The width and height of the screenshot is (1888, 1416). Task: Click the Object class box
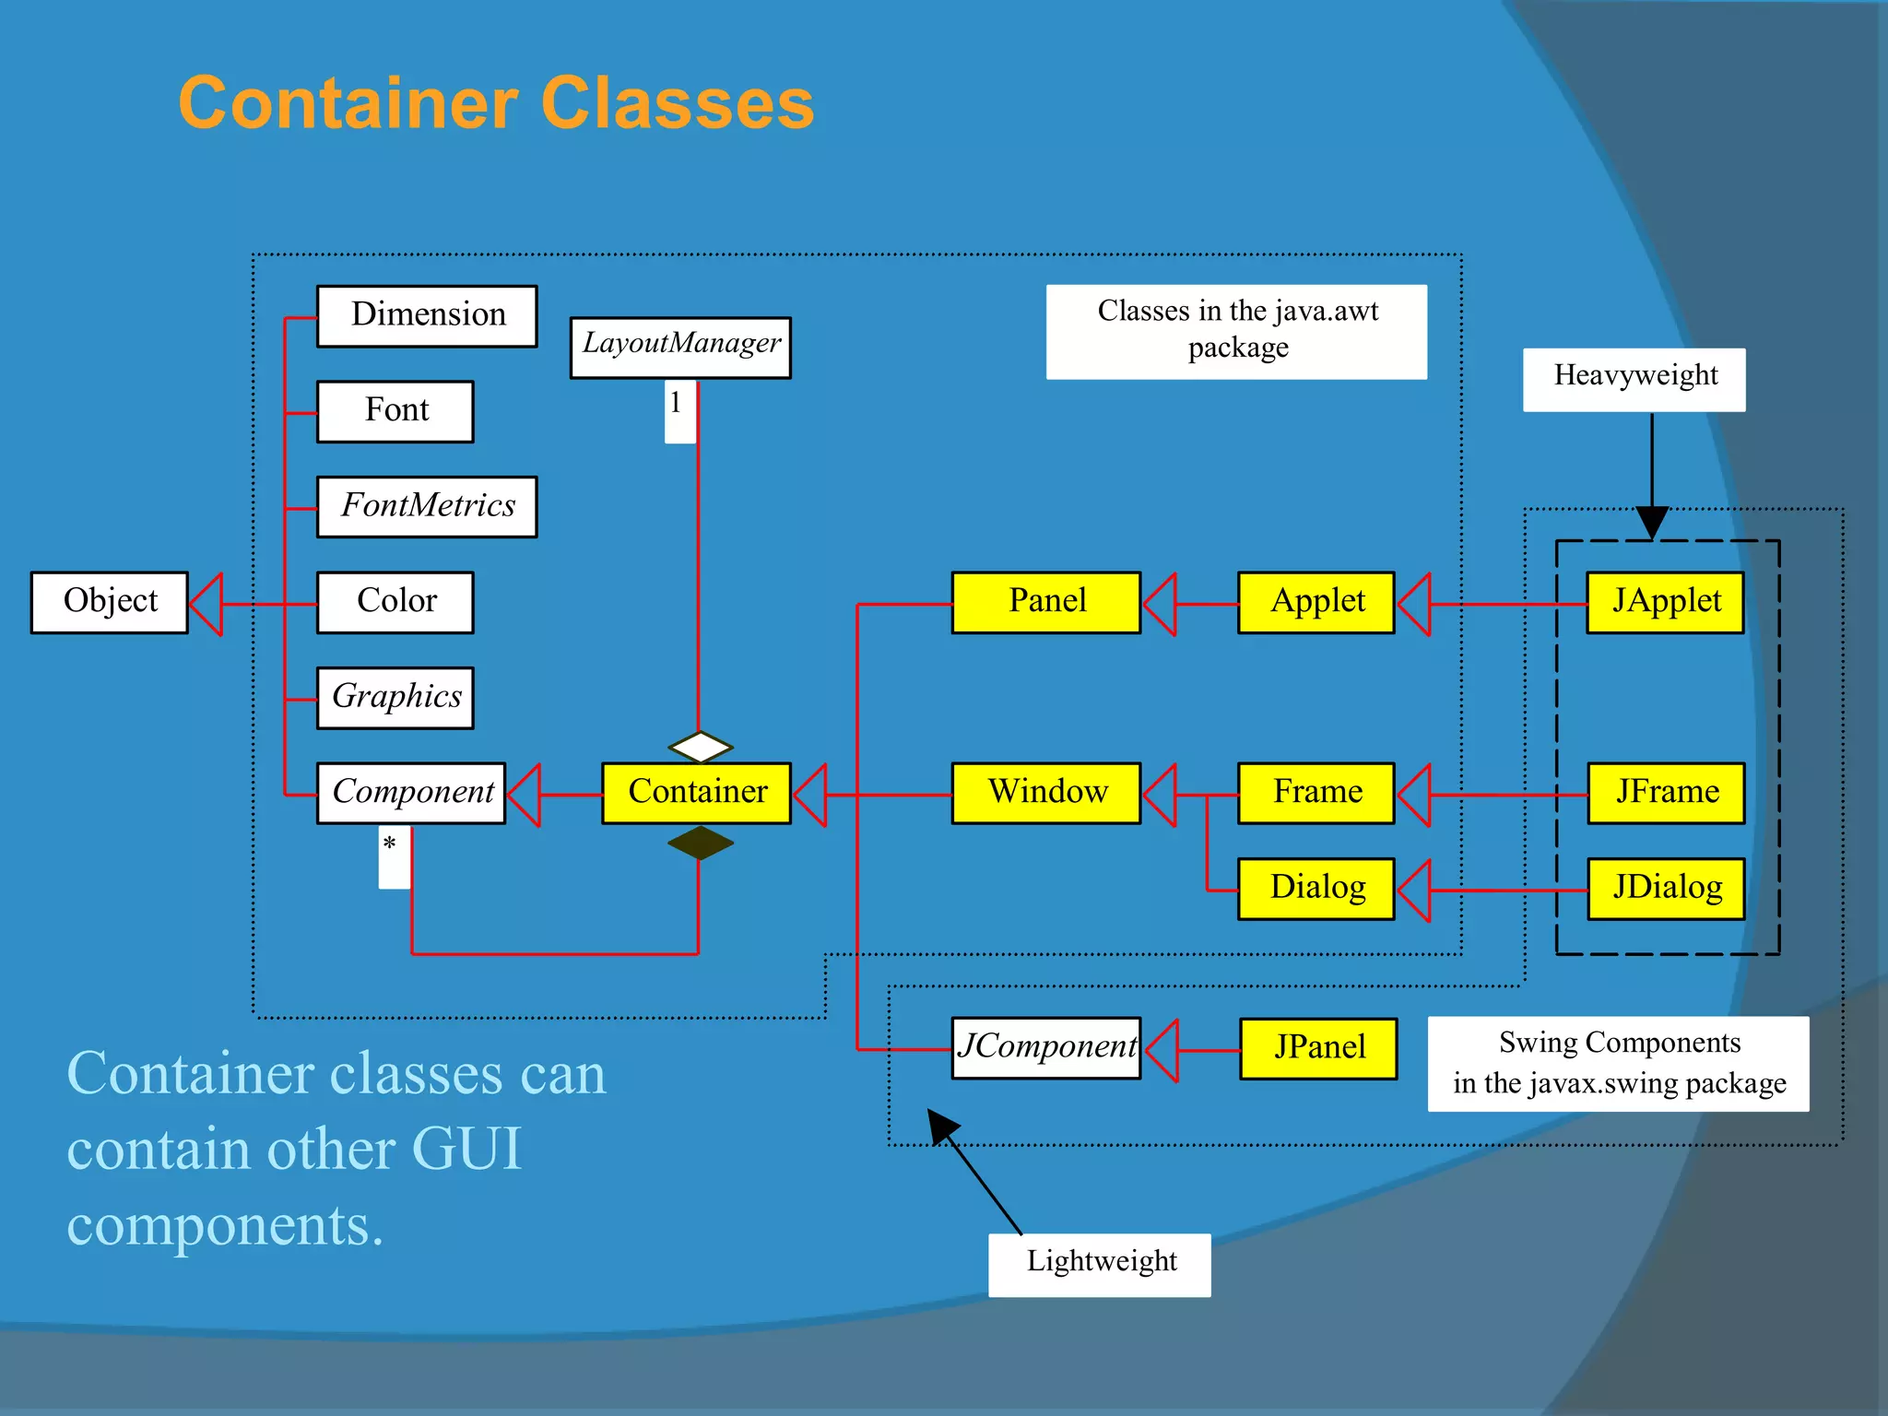[x=110, y=602]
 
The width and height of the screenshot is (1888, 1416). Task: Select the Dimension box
[x=427, y=315]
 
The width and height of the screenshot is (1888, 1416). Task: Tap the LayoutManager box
[x=680, y=347]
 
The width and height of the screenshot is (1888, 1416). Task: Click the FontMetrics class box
[x=427, y=506]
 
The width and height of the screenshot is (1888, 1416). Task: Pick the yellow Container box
[x=697, y=792]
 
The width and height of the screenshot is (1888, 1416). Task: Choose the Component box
[x=411, y=792]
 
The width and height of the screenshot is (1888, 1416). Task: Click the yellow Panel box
[x=1046, y=602]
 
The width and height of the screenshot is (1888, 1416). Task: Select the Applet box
[x=1316, y=602]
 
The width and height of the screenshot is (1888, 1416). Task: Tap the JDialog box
[x=1666, y=889]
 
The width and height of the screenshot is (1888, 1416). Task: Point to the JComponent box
[x=1046, y=1047]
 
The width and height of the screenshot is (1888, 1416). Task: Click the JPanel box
[x=1318, y=1048]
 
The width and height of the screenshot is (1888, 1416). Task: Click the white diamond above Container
[x=701, y=747]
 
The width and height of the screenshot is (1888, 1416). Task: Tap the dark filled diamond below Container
[x=701, y=843]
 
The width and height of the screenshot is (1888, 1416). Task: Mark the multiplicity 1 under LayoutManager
[x=677, y=404]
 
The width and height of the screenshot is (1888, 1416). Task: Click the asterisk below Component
[x=390, y=844]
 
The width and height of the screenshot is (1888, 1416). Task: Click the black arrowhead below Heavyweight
[x=1652, y=522]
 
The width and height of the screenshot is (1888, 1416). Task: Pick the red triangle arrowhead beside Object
[x=207, y=604]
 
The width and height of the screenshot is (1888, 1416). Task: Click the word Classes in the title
[x=677, y=103]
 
